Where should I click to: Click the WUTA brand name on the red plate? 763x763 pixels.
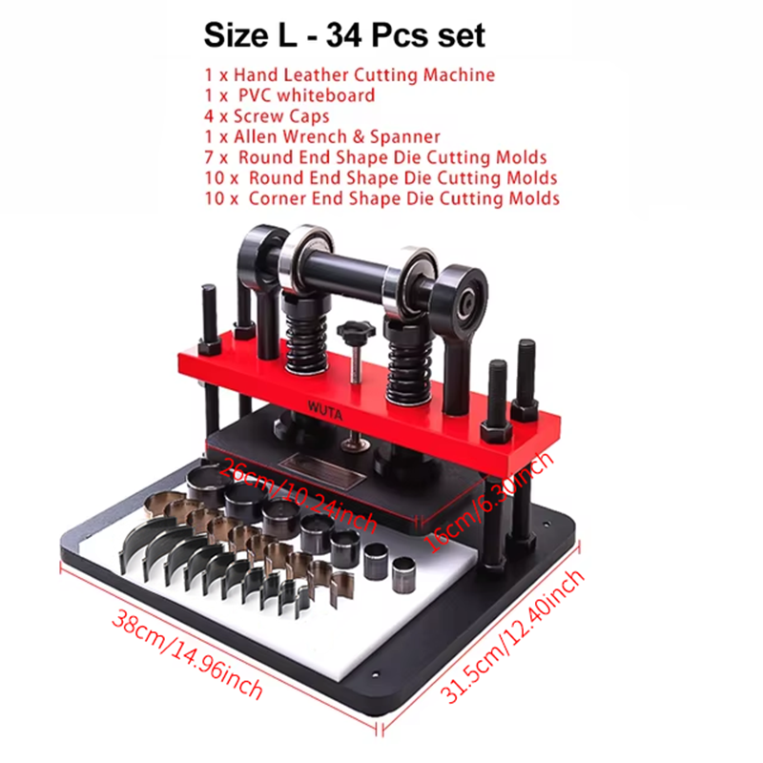[x=325, y=410]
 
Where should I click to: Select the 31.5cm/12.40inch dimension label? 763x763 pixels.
[x=512, y=636]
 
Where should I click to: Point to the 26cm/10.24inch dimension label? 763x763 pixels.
[x=298, y=496]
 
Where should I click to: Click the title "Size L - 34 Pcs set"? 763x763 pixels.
[x=344, y=35]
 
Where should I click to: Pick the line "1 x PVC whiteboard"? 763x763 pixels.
[x=290, y=95]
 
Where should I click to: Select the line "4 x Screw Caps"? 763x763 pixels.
[x=267, y=116]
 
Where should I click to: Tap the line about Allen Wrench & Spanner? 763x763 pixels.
[x=322, y=136]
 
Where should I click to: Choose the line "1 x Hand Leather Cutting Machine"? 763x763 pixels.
[x=349, y=75]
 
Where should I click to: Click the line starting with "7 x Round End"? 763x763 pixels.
[x=375, y=157]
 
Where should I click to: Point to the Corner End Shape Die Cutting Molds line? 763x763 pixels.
[x=382, y=198]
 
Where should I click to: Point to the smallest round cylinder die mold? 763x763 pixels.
[x=404, y=575]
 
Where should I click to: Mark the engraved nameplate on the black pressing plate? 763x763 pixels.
[x=321, y=469]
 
